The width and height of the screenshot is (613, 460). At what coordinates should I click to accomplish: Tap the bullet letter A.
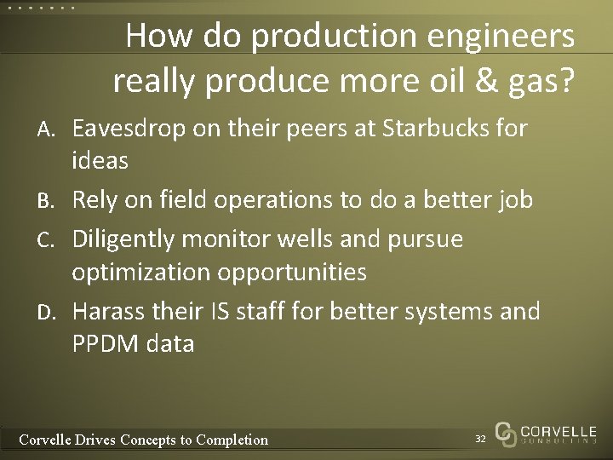tap(48, 130)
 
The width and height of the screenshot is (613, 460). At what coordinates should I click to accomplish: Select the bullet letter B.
tap(48, 202)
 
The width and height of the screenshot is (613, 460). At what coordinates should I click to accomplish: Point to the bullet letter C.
tap(48, 240)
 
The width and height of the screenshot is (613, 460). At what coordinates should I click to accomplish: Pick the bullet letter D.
tap(48, 313)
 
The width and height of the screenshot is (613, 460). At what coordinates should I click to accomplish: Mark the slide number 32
tap(480, 437)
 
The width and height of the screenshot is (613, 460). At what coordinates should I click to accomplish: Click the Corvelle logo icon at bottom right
tap(506, 434)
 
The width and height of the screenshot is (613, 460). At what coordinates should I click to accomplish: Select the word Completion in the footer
tap(232, 440)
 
